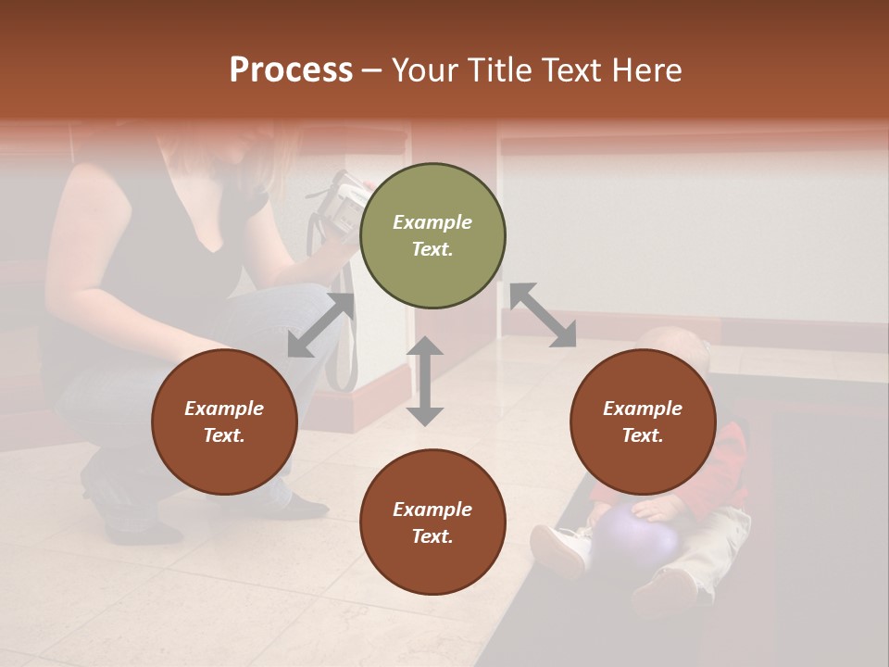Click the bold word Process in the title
291,70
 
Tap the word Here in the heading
645,70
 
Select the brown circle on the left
224,422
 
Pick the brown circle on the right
643,422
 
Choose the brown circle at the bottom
432,522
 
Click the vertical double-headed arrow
425,381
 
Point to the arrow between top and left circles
320,325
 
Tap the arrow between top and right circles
543,315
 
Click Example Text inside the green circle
432,235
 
